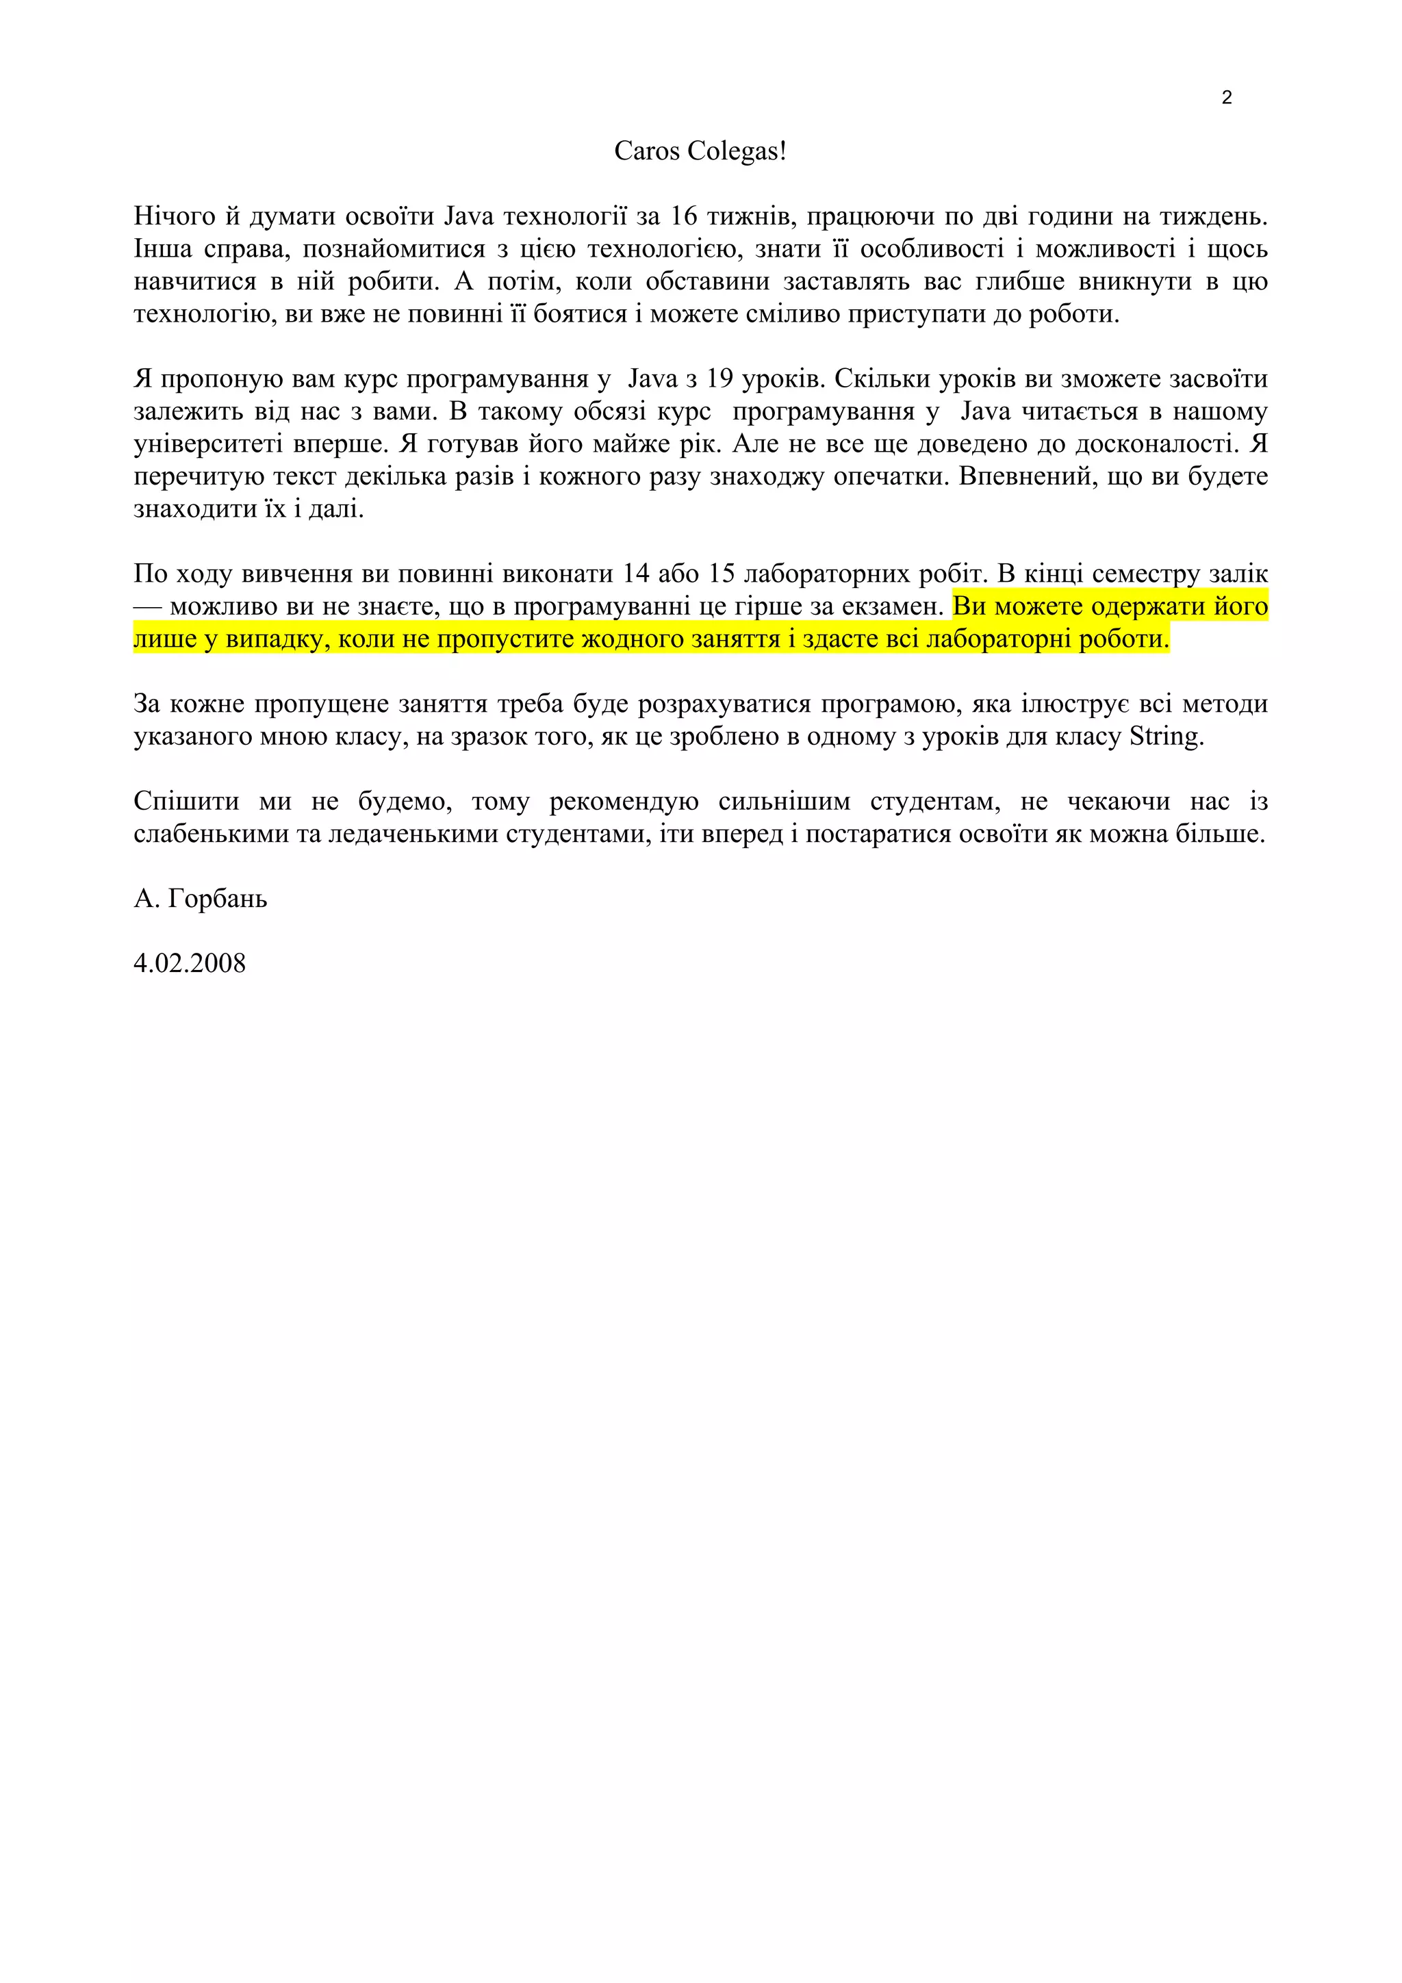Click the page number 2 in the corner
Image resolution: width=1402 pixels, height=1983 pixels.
(1227, 98)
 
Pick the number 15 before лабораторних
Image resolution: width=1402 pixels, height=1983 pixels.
(722, 574)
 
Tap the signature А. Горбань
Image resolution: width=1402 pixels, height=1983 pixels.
(201, 899)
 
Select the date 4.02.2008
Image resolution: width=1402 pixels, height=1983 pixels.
(190, 964)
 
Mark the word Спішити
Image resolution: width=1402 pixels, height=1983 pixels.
(186, 802)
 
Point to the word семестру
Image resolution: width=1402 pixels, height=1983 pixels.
(1146, 574)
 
